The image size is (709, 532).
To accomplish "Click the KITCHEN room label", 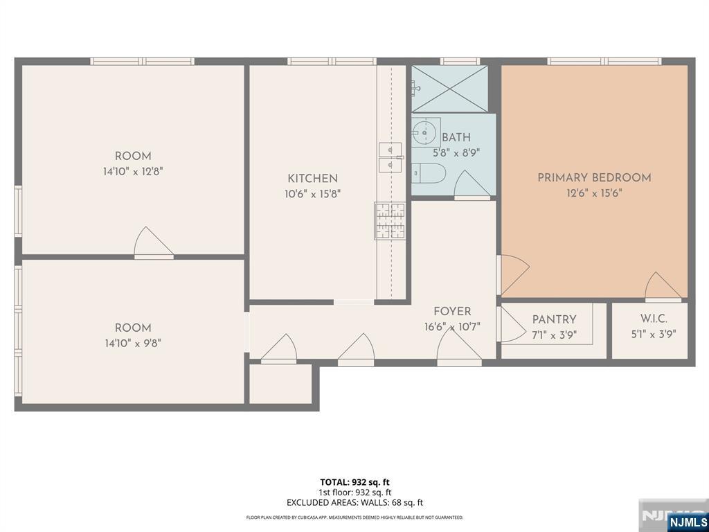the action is pos(312,178).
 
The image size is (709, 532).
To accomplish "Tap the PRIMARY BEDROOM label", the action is pos(594,177).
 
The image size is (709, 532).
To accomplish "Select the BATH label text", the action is pos(456,138).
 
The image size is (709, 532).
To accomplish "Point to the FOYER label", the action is pos(452,311).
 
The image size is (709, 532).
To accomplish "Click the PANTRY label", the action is pos(554,319).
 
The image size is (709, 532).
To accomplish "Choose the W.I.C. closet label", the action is pos(654,319).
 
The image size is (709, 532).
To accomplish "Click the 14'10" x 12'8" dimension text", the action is pos(133,172).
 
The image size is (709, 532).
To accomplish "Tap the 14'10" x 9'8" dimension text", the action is pos(133,344).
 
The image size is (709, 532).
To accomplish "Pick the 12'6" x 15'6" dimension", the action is pos(594,193).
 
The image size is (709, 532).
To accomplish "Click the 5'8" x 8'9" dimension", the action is pos(456,153).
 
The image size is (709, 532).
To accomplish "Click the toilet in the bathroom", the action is pos(429,173).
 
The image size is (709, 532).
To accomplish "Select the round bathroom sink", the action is pos(425,132).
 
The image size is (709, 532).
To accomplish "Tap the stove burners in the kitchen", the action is pos(390,221).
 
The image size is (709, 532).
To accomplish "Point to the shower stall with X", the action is pos(449,89).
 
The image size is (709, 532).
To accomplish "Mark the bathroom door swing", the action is pos(472,184).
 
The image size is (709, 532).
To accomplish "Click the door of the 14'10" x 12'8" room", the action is pos(154,242).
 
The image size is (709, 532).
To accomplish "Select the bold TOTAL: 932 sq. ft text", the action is pos(355,482).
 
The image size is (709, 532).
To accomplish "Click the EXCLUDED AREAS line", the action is pos(355,502).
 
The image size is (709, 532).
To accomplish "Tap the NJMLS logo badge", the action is pos(688,521).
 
